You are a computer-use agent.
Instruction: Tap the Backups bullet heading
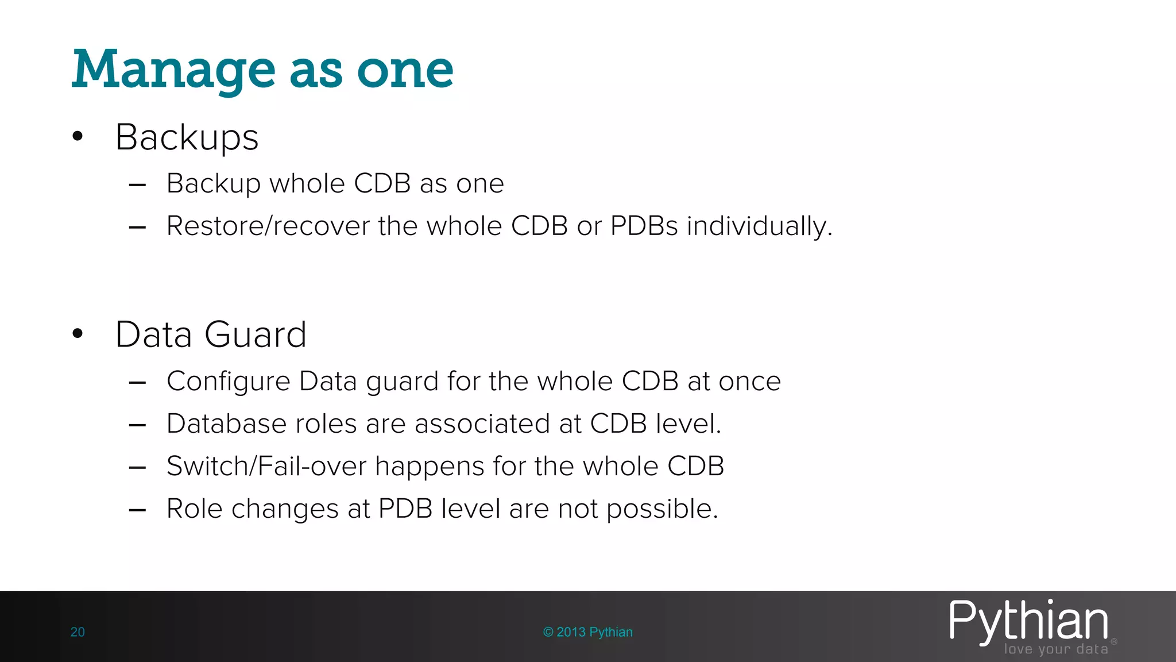[x=187, y=138]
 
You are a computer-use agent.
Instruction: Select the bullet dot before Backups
[x=78, y=137]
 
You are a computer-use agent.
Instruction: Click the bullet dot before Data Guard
[x=78, y=334]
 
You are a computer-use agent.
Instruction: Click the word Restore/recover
[x=268, y=226]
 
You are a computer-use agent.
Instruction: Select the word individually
[x=759, y=226]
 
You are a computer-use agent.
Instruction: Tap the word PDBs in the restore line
[x=644, y=226]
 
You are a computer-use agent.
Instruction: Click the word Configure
[x=228, y=382]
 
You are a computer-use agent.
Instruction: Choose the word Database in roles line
[x=226, y=424]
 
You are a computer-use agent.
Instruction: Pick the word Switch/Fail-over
[x=266, y=466]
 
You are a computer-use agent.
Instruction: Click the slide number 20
[x=78, y=632]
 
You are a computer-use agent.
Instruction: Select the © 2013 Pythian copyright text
[x=587, y=632]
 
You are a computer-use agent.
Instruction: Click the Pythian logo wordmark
[x=1028, y=621]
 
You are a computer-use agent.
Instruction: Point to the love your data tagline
[x=1055, y=649]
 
